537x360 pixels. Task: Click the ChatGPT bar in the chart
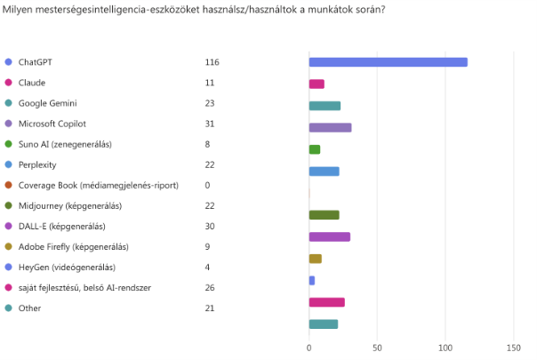(388, 62)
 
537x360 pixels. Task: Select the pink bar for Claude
(317, 84)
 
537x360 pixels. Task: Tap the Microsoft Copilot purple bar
(330, 127)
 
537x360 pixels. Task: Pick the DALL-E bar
(329, 236)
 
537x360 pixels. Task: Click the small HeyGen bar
(311, 280)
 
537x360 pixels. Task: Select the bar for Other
(323, 324)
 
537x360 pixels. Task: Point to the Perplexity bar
(324, 171)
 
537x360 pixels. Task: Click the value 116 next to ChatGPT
(212, 62)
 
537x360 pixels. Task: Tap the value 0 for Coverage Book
(207, 185)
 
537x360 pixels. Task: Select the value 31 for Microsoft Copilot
(210, 124)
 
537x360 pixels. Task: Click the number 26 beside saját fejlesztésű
(210, 287)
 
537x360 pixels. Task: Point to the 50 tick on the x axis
(377, 346)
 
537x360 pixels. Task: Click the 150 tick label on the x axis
(513, 346)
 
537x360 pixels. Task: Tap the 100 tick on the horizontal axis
(445, 346)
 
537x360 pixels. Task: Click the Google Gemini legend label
(48, 103)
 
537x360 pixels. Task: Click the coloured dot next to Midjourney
(8, 205)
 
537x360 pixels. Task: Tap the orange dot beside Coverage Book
(8, 185)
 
